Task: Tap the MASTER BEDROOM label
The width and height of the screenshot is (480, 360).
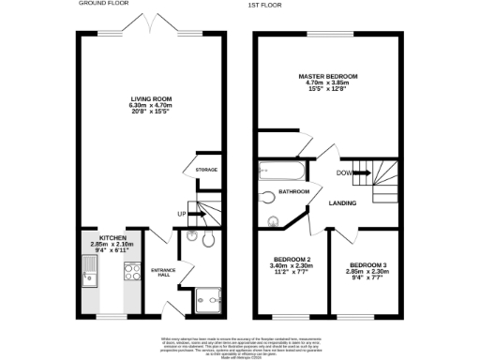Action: coord(328,76)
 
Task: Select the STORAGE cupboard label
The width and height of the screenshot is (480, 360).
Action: coord(206,170)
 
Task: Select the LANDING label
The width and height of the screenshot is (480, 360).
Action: coord(339,203)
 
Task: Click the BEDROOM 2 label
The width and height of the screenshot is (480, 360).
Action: coord(292,259)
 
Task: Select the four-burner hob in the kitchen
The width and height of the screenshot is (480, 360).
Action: coord(129,274)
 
